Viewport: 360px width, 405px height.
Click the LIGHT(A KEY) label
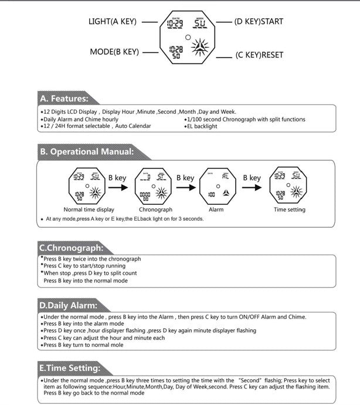[112, 22]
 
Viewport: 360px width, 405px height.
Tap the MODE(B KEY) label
[114, 52]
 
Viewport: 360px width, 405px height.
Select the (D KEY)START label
[258, 22]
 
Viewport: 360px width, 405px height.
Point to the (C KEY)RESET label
[259, 55]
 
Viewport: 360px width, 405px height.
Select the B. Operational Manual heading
[87, 151]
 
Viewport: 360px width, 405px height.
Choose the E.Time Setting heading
[69, 368]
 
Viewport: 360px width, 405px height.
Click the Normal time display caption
[89, 210]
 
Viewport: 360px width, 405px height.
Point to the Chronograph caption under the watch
[155, 210]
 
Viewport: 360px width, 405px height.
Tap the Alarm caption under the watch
[216, 210]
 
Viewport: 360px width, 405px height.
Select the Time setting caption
[289, 210]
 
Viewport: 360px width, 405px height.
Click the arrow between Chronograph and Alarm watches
[185, 188]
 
